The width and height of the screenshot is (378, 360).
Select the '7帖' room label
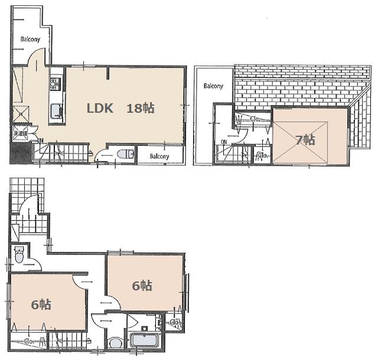[x=305, y=140]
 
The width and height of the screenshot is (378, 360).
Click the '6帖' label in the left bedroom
[x=41, y=305]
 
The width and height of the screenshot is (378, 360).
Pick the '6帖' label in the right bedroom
[x=142, y=286]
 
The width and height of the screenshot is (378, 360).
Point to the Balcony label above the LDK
[x=31, y=40]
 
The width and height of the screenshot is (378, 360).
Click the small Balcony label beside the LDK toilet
[x=159, y=156]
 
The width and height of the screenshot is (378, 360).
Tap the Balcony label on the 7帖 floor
[x=213, y=86]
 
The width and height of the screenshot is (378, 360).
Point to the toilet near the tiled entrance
[x=18, y=256]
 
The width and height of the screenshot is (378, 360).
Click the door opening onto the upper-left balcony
[x=37, y=58]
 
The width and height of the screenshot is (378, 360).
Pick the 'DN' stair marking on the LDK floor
[x=40, y=140]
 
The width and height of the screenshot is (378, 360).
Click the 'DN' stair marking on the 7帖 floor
[x=224, y=142]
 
